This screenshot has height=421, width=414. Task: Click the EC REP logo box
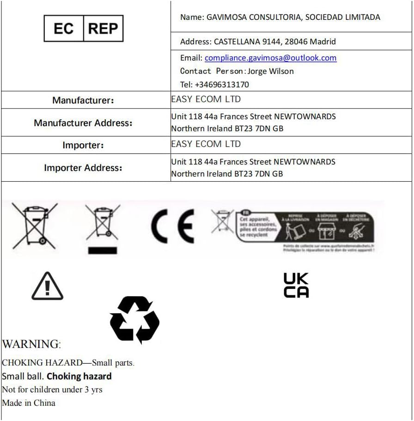coord(84,29)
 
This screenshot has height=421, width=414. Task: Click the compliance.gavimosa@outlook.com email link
coord(270,58)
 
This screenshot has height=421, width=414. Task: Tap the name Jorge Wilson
coord(270,71)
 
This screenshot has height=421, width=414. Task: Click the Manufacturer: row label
coord(83,100)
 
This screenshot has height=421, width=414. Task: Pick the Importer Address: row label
coord(83,168)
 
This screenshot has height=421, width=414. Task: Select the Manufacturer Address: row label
coord(83,123)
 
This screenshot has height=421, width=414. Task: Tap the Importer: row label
coord(83,145)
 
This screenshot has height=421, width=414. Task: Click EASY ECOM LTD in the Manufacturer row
coord(206,99)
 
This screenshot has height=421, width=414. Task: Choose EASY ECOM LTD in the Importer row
coord(206,144)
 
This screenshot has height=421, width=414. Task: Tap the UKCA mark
coord(296,285)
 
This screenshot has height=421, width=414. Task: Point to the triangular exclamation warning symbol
coord(47,287)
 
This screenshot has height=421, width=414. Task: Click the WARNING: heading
coord(31,344)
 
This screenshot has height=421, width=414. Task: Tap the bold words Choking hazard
coord(79,376)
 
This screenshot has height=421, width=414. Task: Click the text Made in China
coord(29,403)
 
